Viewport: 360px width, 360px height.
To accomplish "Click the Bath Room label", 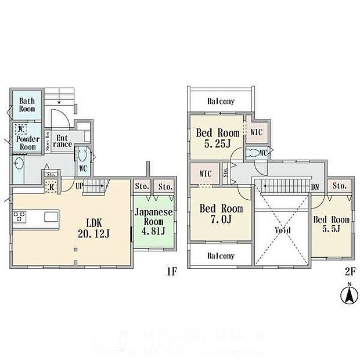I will tap(27, 105).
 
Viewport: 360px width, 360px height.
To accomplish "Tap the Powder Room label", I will tap(27, 143).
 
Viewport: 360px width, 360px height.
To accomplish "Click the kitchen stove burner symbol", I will tap(20, 218).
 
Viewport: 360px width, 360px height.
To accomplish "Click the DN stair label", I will tap(315, 187).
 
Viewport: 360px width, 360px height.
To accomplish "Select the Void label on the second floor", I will tap(283, 229).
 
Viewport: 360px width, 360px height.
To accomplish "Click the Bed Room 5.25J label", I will tap(217, 138).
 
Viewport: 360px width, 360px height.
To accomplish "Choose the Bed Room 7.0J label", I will tap(221, 214).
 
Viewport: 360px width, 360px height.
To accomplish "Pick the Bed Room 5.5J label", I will tap(332, 224).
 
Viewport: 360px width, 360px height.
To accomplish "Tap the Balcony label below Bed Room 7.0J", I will tap(221, 255).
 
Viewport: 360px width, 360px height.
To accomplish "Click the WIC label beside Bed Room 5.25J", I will tap(256, 132).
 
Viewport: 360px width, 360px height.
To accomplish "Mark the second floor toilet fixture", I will tap(253, 154).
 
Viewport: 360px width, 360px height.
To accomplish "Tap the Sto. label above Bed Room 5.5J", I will tap(340, 186).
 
